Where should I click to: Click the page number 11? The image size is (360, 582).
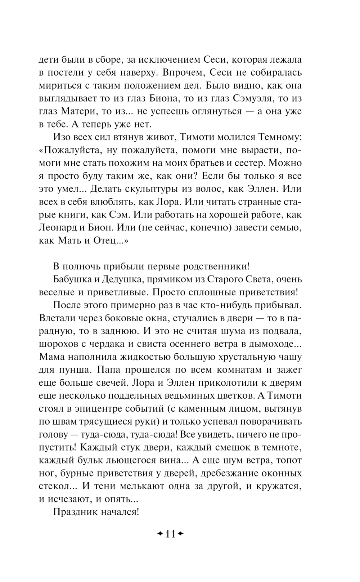pos(170,534)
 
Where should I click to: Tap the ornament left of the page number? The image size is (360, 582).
pos(159,534)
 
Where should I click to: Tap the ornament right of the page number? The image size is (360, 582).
pos(181,534)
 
